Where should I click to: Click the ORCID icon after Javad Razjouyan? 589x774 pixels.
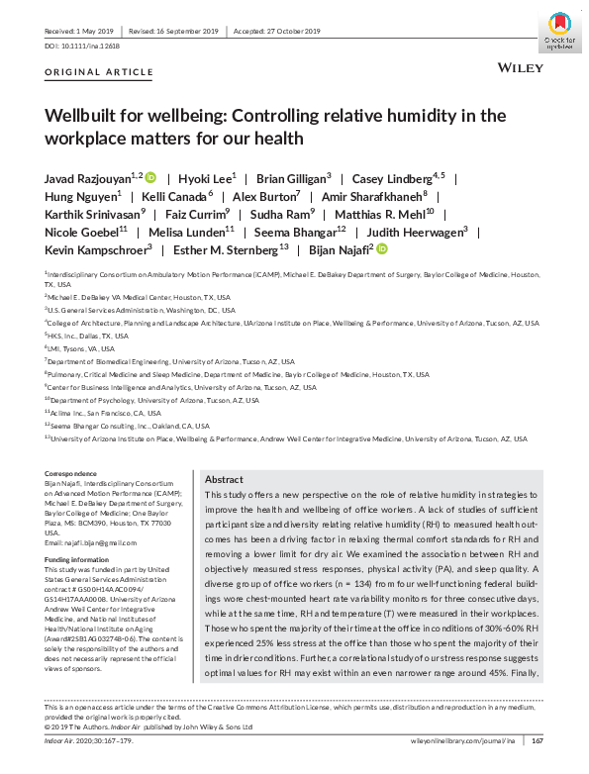pyautogui.click(x=150, y=178)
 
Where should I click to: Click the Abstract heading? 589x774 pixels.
pyautogui.click(x=223, y=477)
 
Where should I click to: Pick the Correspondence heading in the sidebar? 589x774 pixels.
pyautogui.click(x=71, y=473)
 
